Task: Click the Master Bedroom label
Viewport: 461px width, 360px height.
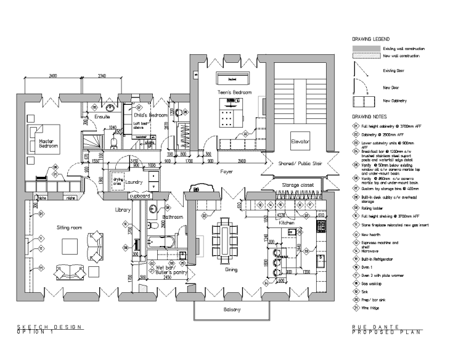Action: (x=48, y=144)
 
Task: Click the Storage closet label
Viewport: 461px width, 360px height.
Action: (x=298, y=184)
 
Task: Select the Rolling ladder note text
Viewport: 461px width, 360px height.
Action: (x=379, y=208)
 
